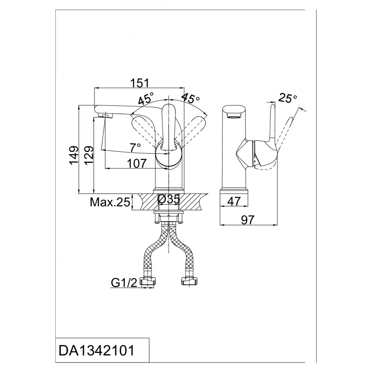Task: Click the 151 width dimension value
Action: (140, 83)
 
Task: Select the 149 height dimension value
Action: (74, 155)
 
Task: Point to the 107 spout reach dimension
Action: (137, 163)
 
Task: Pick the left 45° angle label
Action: (145, 99)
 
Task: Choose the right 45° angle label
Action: (191, 99)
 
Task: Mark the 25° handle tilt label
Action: (288, 98)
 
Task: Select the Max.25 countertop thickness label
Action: (110, 203)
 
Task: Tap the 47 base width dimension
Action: (234, 201)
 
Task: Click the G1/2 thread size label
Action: (124, 283)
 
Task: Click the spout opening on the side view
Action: (234, 112)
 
